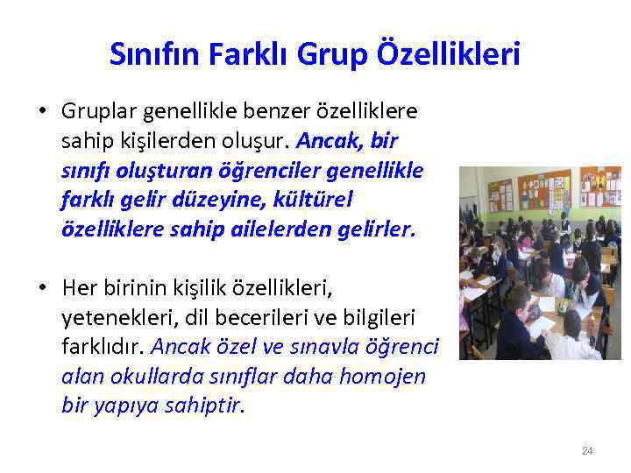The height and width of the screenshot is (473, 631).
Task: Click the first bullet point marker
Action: click(x=42, y=112)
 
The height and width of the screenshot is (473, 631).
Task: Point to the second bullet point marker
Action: click(x=42, y=286)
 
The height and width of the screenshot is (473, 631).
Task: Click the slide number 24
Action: click(x=587, y=451)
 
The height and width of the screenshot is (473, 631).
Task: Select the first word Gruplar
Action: click(x=96, y=112)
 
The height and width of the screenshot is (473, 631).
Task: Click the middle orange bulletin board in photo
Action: click(x=543, y=191)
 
